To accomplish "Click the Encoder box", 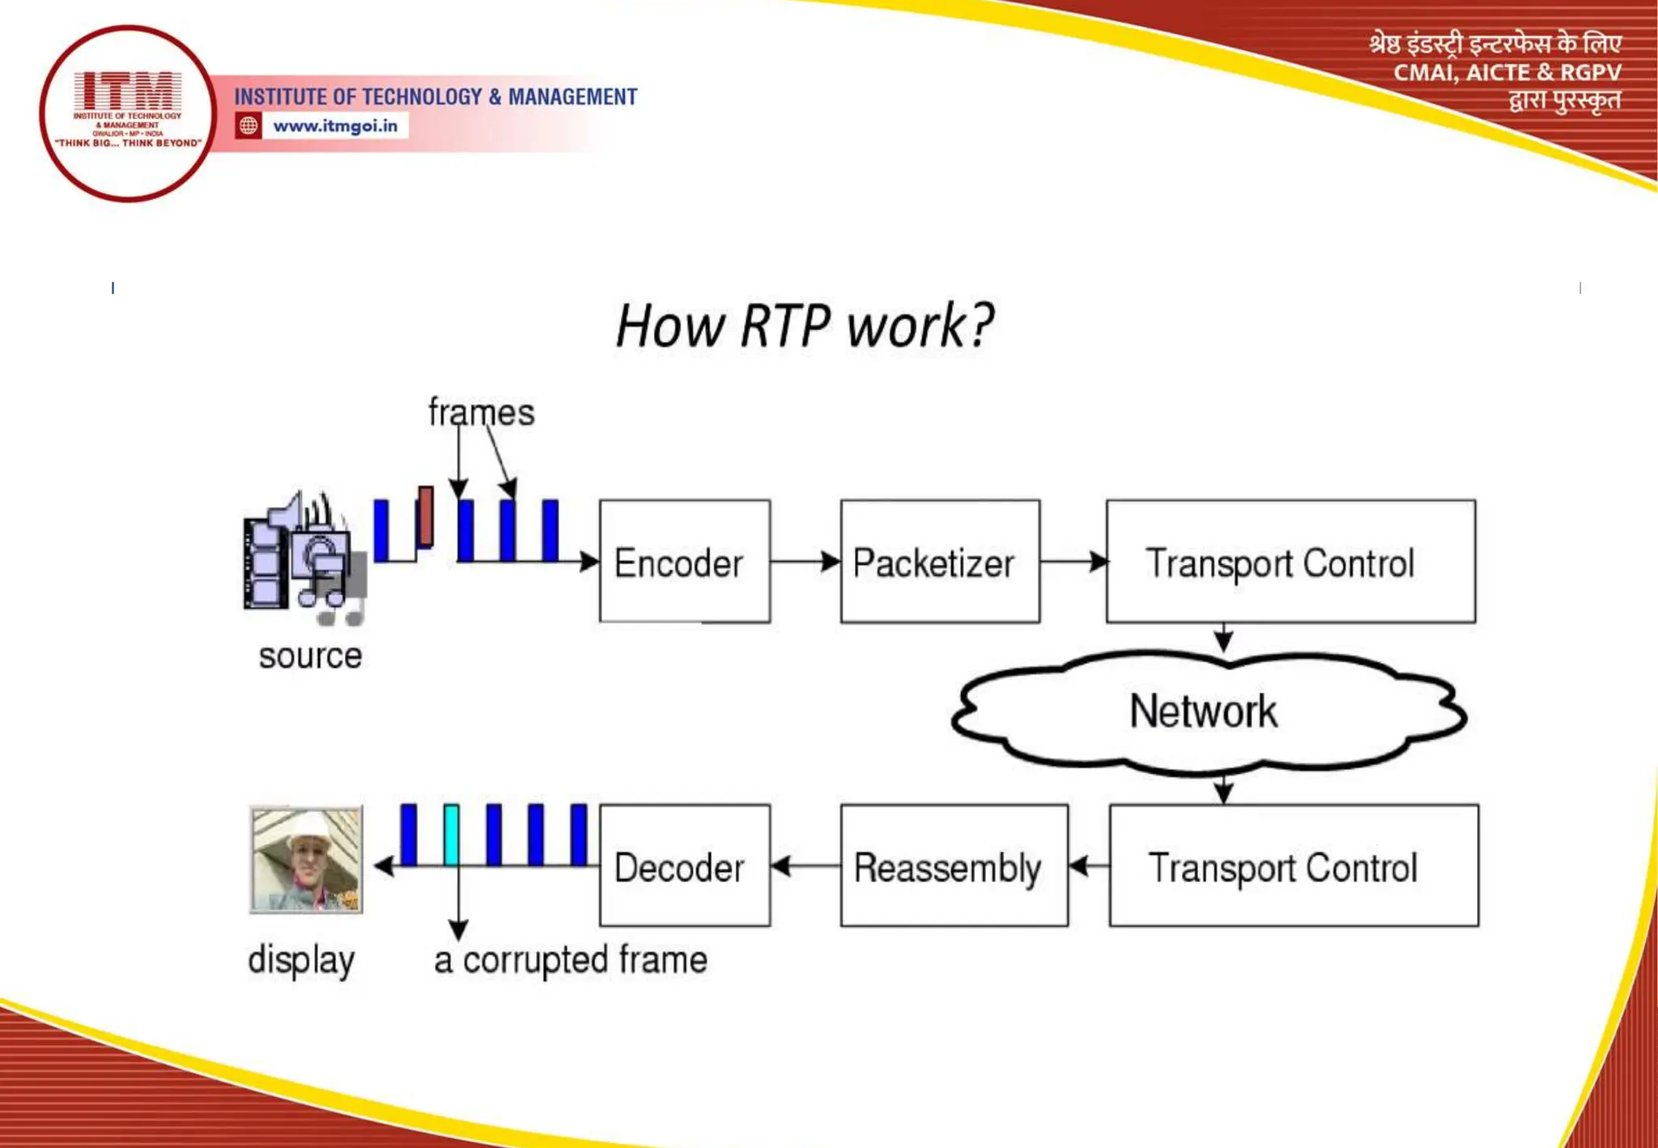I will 684,561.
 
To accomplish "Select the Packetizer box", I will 939,561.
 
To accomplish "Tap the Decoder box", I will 684,865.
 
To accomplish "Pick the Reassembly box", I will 953,865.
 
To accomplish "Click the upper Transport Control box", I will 1290,561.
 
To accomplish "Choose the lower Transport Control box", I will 1293,865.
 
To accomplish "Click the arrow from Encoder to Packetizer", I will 805,561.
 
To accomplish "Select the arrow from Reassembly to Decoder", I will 805,866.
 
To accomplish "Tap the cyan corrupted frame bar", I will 451,834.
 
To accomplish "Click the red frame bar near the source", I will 425,516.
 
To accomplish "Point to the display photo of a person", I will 306,859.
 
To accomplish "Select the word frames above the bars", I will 481,412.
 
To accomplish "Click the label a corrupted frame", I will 571,960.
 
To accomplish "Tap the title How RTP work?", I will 804,325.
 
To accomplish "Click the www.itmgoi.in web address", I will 334,126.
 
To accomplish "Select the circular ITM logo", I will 127,113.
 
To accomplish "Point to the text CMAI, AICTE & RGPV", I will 1506,73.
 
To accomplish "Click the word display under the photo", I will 301,960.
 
